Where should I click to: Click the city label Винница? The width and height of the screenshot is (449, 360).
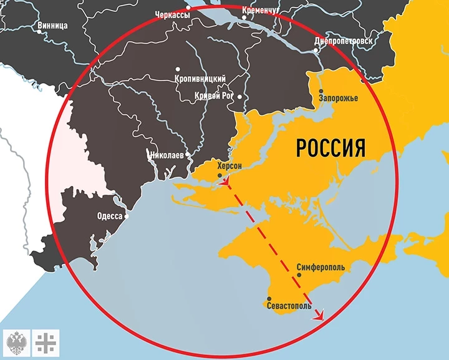tap(52, 26)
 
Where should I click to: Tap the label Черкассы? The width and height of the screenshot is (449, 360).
tap(172, 14)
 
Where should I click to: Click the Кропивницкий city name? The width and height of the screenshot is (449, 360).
tap(200, 79)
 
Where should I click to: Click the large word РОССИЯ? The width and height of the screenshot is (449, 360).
tap(330, 148)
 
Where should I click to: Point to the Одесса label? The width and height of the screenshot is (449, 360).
tap(110, 217)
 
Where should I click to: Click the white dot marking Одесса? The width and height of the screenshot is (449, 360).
tap(127, 217)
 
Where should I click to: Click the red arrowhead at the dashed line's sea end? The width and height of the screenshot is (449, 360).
tap(320, 316)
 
